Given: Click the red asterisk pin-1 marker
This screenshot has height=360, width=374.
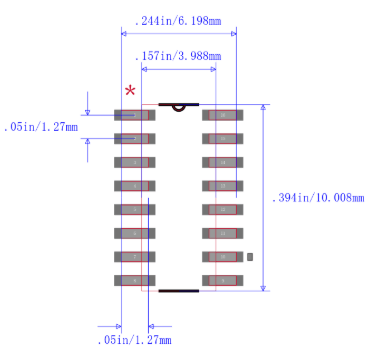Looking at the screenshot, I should click(130, 91).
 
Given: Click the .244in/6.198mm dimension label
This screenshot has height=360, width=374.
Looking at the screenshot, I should click(180, 20).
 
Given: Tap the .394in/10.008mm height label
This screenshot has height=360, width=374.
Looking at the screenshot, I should click(318, 198).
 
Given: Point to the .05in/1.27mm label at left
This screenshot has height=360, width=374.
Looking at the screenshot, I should click(43, 127).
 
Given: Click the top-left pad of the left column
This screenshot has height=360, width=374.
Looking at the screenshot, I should click(134, 115).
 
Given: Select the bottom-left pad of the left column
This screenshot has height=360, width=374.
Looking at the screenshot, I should click(134, 280).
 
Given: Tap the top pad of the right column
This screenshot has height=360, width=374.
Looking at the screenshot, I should click(221, 115).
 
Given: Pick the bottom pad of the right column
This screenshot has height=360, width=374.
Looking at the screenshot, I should click(221, 280).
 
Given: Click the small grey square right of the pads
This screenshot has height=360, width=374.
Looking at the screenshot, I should click(250, 257).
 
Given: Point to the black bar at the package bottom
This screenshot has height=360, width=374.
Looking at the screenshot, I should click(178, 291).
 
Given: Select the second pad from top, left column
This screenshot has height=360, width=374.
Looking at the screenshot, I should click(134, 138).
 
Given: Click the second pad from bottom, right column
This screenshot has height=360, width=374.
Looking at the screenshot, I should click(221, 257).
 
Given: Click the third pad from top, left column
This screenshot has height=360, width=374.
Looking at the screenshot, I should click(134, 162).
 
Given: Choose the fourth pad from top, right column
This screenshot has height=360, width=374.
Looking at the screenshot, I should click(221, 186).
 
